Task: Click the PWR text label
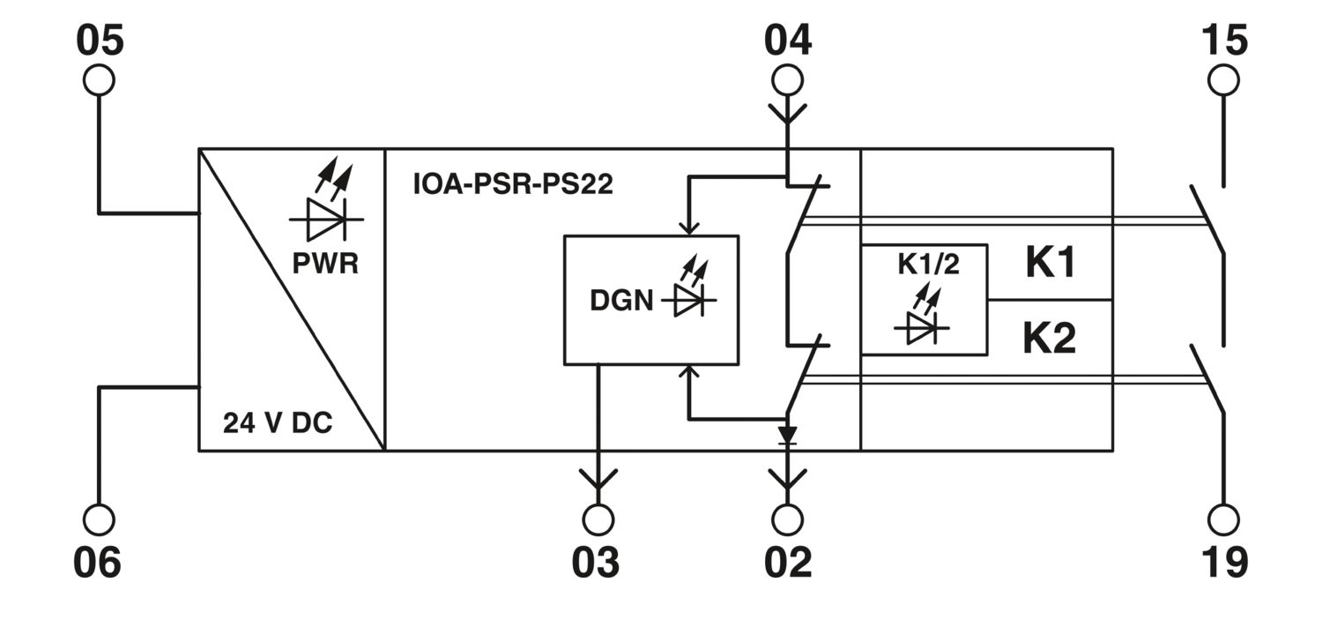tap(325, 264)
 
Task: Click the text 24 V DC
tap(278, 422)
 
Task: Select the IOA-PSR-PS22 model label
tap(513, 183)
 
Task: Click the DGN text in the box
tap(621, 301)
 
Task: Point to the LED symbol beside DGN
tap(689, 286)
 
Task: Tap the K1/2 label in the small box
tap(928, 265)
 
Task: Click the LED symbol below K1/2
tap(921, 314)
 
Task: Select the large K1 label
tap(1051, 262)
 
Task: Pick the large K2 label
tap(1050, 338)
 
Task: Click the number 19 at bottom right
tap(1225, 562)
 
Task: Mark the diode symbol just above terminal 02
tap(787, 435)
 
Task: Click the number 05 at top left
tap(100, 41)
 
